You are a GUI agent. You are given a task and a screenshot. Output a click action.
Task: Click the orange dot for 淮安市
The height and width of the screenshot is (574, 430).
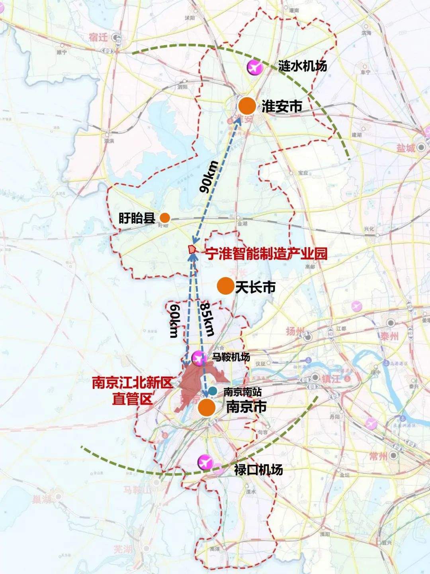[x=247, y=106]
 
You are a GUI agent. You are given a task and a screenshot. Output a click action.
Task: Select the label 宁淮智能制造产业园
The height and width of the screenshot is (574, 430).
[x=266, y=254]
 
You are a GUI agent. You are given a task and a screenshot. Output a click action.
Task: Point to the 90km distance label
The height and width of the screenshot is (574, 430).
[x=209, y=177]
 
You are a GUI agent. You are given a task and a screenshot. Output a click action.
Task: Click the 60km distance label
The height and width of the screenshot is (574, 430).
[x=174, y=321]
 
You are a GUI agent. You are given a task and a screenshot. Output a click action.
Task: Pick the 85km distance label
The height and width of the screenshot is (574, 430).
[x=207, y=319]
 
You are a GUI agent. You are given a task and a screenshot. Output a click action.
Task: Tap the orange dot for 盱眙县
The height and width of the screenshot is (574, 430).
[x=165, y=218]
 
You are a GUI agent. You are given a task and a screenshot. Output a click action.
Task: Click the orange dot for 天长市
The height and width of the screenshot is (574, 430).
[x=225, y=286]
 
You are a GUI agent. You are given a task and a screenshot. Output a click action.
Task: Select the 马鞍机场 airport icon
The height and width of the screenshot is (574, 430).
[x=197, y=358]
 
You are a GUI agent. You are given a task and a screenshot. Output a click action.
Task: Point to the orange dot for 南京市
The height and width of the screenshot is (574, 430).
[x=207, y=408]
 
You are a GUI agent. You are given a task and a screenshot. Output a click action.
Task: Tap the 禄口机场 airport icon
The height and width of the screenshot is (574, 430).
[x=206, y=463]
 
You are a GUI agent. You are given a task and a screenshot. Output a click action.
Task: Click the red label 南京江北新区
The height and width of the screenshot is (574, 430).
[x=132, y=383]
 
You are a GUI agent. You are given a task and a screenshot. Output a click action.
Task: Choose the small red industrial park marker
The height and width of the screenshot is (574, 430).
[x=192, y=250]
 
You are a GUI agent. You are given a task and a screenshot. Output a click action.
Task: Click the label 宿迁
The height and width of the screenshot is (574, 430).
[x=99, y=37]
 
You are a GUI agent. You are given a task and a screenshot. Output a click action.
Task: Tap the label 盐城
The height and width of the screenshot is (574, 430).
[x=406, y=148]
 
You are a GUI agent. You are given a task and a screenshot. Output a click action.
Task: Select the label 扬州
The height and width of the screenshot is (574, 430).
[x=295, y=331]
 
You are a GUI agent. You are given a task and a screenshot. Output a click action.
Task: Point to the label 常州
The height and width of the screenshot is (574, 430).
[x=378, y=456]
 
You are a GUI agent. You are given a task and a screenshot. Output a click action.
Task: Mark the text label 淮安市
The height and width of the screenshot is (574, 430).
[x=281, y=106]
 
